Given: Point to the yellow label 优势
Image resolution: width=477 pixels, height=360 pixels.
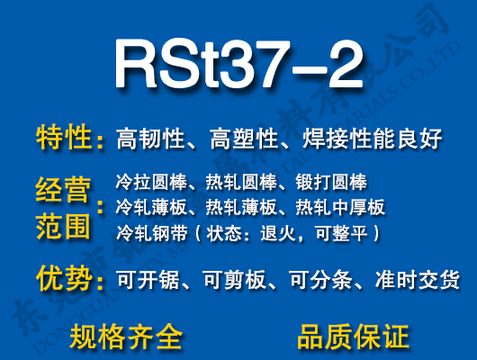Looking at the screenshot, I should click(65, 278).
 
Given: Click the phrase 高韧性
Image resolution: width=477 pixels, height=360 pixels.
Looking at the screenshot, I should click(150, 139).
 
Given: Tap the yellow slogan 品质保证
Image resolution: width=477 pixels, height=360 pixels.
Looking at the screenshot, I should click(353, 336).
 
